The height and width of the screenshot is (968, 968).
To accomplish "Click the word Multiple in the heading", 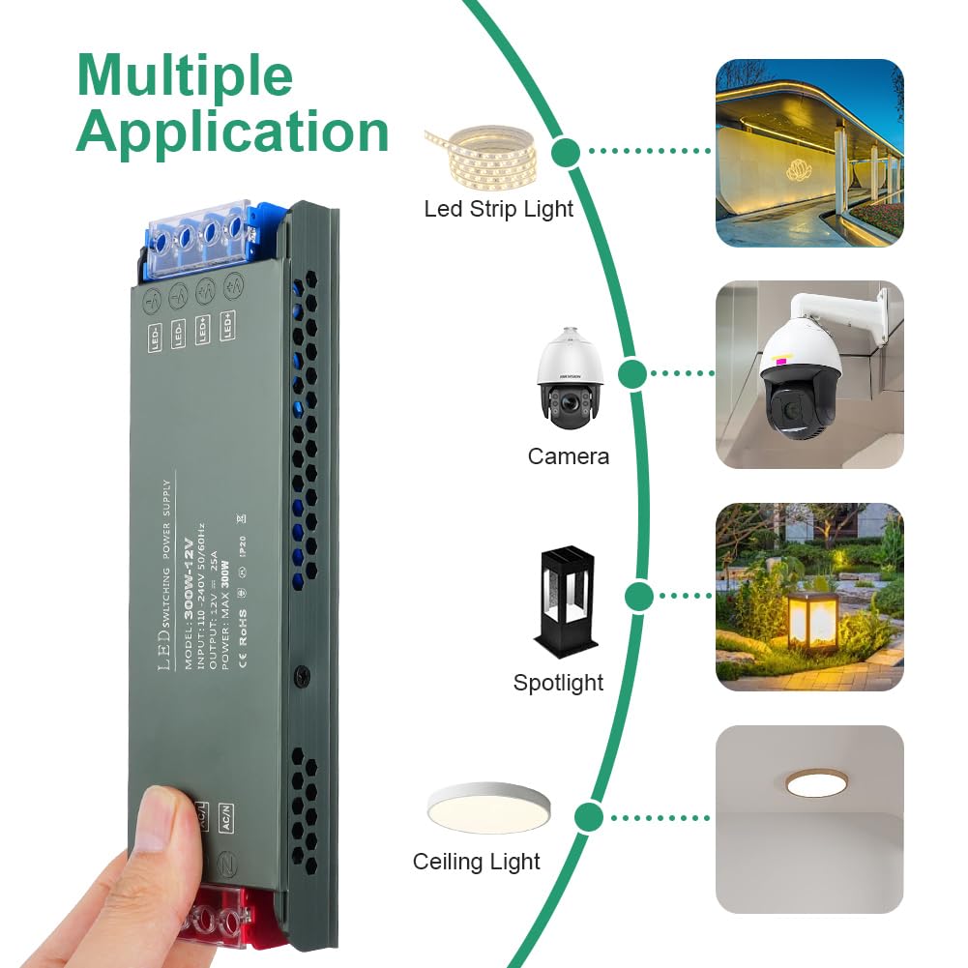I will tap(184, 74).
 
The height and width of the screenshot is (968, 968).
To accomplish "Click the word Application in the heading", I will tap(232, 132).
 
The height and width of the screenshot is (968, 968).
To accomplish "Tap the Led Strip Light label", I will tap(498, 209).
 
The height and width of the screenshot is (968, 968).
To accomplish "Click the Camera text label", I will tap(568, 456).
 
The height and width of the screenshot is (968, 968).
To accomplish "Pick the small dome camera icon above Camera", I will tap(571, 379).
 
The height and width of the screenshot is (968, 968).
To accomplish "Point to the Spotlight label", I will tap(558, 683).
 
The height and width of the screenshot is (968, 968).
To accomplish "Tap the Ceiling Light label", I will tap(476, 862).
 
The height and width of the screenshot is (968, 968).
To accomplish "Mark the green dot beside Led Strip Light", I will tap(566, 151).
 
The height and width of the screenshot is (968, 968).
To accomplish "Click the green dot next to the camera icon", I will tap(631, 372).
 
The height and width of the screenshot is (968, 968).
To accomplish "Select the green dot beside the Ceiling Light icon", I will tap(588, 818).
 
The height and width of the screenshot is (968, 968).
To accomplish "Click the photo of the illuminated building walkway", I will tap(809, 153).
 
